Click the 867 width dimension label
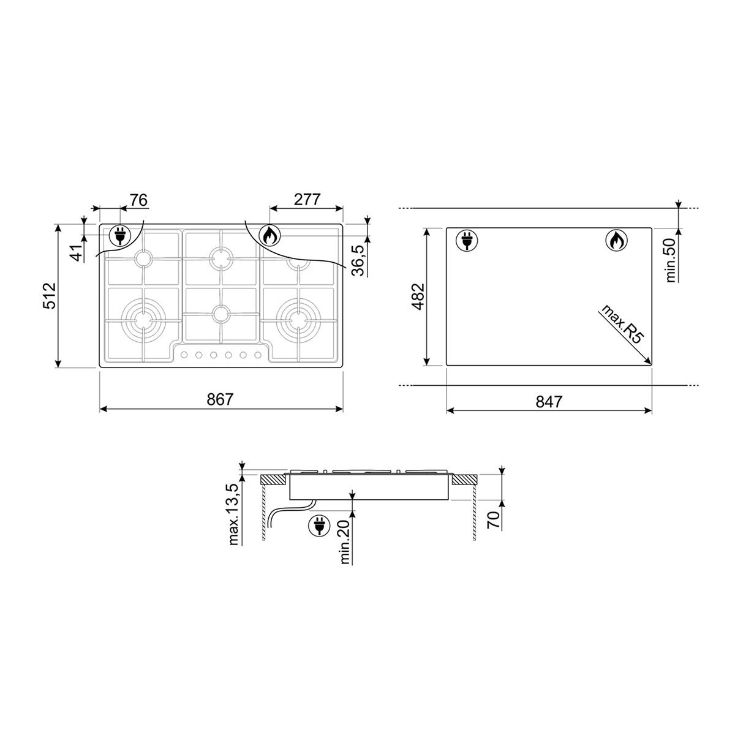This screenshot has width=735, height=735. [x=220, y=399]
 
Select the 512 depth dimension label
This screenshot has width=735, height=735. [x=50, y=296]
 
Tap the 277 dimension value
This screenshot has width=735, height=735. [x=307, y=200]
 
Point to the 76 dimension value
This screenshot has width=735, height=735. [x=138, y=200]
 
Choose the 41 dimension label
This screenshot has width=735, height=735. [x=78, y=253]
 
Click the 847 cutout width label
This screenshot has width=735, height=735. [x=549, y=402]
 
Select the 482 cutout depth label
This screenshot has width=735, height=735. [x=418, y=296]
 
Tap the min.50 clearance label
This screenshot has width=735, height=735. [x=671, y=260]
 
